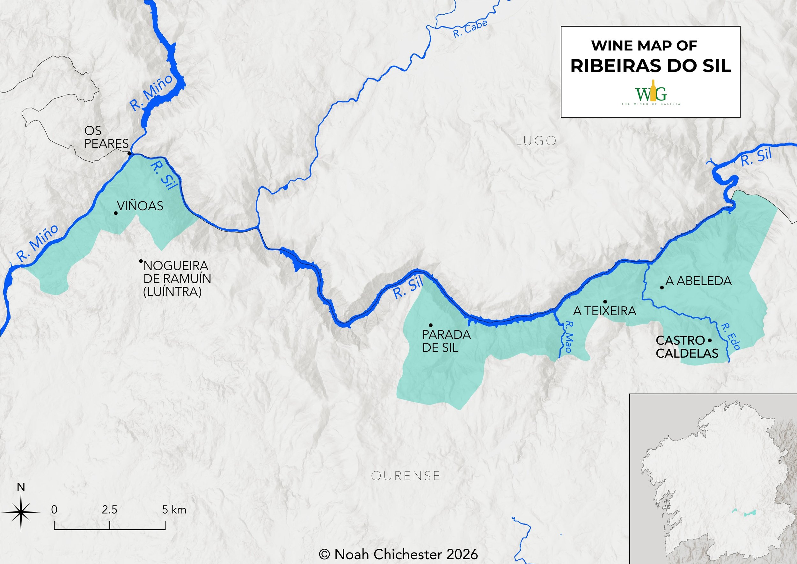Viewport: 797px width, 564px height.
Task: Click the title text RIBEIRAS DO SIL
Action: (x=651, y=66)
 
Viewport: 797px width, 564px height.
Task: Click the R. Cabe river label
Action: (x=470, y=29)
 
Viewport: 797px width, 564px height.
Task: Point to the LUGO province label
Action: (x=536, y=141)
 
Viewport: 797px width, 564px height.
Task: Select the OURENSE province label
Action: (x=406, y=475)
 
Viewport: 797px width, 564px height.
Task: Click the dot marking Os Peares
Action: (x=129, y=153)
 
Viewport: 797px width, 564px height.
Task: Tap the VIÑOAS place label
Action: (x=140, y=206)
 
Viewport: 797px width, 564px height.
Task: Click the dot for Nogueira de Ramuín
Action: (x=141, y=261)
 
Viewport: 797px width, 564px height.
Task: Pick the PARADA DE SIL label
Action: (x=446, y=341)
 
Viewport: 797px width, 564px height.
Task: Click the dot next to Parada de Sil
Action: (x=430, y=325)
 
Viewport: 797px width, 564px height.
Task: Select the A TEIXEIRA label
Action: (x=605, y=311)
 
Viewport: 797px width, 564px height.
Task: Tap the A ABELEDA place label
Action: (x=698, y=281)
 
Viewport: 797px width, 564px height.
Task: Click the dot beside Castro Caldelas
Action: (x=710, y=340)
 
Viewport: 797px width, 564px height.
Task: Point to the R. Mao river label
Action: (x=568, y=337)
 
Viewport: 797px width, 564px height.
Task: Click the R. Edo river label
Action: (x=730, y=336)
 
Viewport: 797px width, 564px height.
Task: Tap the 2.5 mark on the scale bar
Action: (x=110, y=510)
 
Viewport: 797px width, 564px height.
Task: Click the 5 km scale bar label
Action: (x=174, y=510)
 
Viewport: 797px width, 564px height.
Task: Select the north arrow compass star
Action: (x=20, y=512)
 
